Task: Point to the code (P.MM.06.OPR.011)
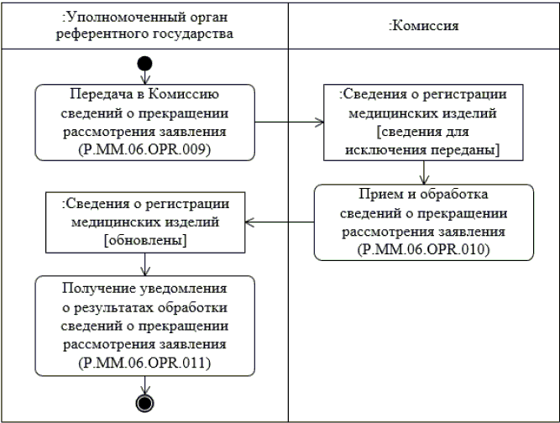(146, 365)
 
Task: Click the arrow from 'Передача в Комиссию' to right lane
(290, 123)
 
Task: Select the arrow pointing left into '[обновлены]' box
(284, 222)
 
